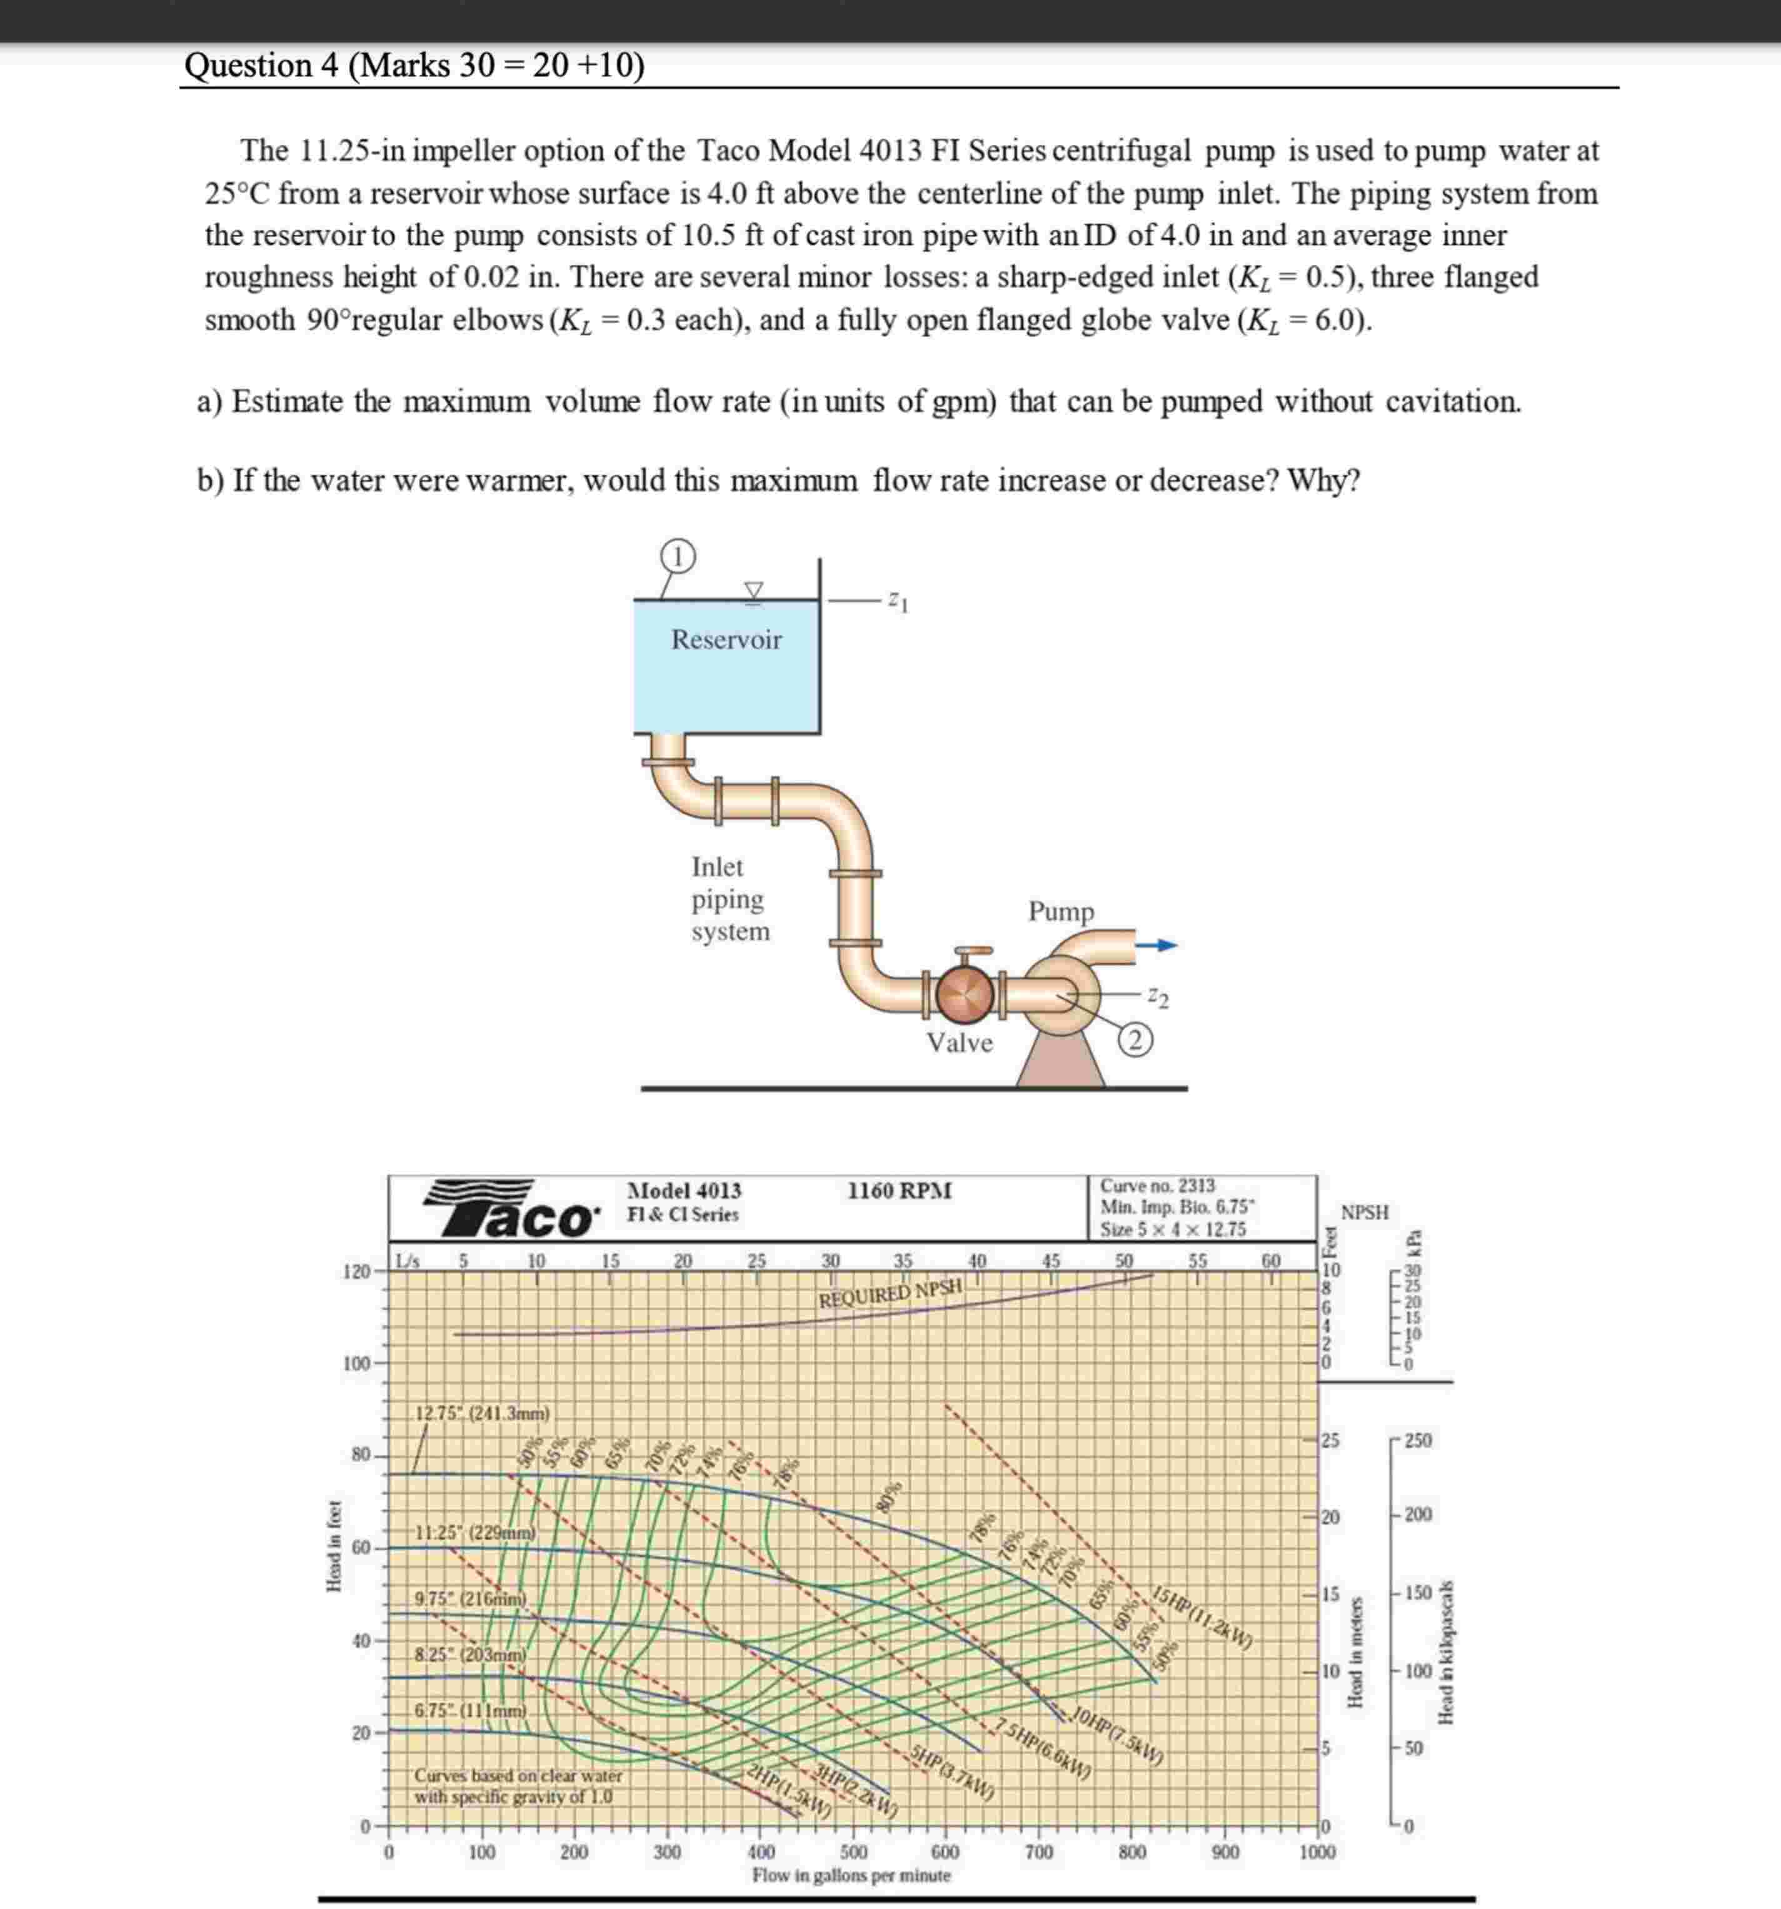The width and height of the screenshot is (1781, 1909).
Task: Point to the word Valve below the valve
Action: [959, 1043]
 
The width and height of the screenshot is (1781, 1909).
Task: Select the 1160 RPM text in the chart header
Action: [899, 1191]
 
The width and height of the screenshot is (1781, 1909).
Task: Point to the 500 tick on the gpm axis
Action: [853, 1851]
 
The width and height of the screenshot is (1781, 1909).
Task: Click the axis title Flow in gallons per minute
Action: [851, 1875]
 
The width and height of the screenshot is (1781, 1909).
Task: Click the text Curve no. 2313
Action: [1157, 1186]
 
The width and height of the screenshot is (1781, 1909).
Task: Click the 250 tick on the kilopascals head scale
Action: [1417, 1440]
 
